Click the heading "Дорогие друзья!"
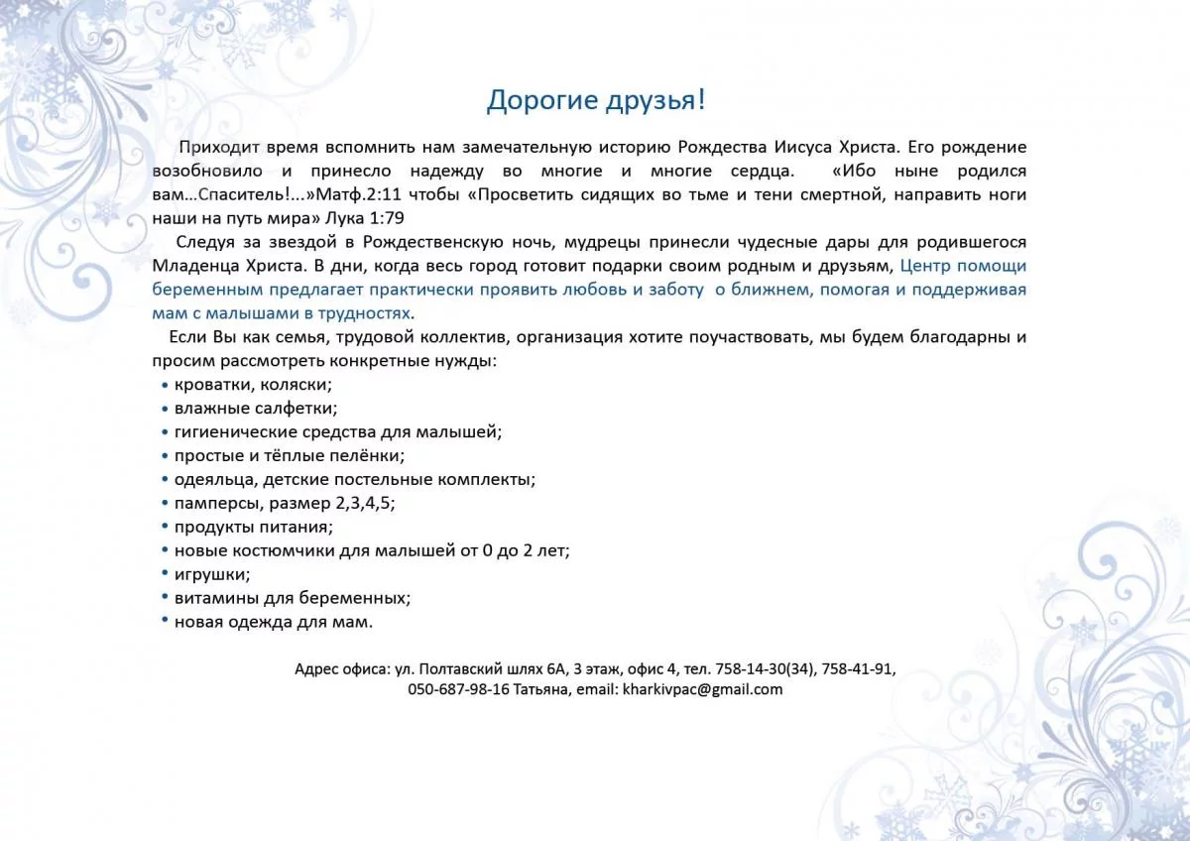[595, 100]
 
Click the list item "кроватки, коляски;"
[253, 385]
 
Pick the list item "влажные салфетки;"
[256, 409]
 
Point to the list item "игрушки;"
[212, 574]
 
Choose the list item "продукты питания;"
[254, 527]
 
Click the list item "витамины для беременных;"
[293, 598]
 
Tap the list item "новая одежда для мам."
[274, 622]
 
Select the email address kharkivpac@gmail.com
[702, 689]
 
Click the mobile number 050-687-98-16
[458, 689]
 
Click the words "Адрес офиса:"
[342, 669]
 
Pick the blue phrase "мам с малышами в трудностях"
[281, 313]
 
